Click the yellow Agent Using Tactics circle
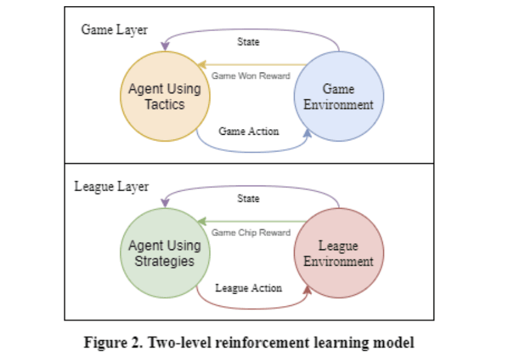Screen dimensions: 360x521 (x=164, y=96)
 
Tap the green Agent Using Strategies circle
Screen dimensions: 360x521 (x=164, y=253)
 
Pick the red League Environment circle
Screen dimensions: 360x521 (x=338, y=254)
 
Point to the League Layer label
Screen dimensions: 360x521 (x=112, y=186)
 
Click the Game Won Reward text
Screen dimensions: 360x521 (x=251, y=76)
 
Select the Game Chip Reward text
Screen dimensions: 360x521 (x=251, y=233)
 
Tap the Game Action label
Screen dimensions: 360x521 (x=249, y=131)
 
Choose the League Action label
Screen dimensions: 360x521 (x=248, y=288)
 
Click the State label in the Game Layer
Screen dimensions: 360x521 (x=248, y=42)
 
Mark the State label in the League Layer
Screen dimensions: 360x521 (x=248, y=199)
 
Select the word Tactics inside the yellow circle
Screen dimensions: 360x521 (x=164, y=104)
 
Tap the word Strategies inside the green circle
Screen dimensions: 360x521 (x=164, y=261)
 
